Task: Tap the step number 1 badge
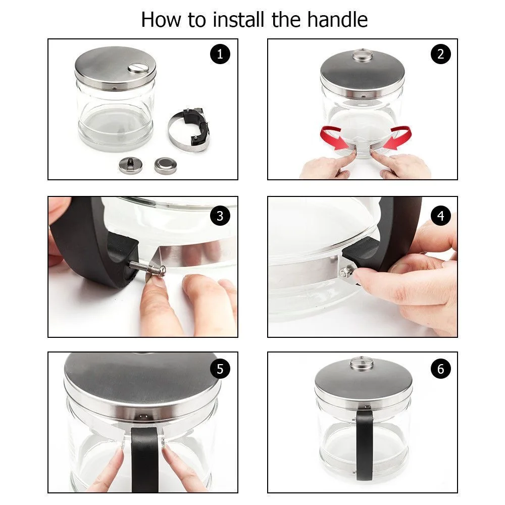point(220,54)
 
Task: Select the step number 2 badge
point(440,54)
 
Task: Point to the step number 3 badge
point(220,216)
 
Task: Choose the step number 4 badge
point(440,216)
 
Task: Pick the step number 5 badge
point(220,369)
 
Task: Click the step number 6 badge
point(440,369)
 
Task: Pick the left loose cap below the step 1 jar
point(130,165)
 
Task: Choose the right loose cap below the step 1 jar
point(166,166)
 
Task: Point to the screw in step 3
point(147,268)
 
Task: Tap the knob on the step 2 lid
point(362,55)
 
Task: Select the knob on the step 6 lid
point(362,363)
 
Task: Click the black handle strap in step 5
point(145,460)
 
